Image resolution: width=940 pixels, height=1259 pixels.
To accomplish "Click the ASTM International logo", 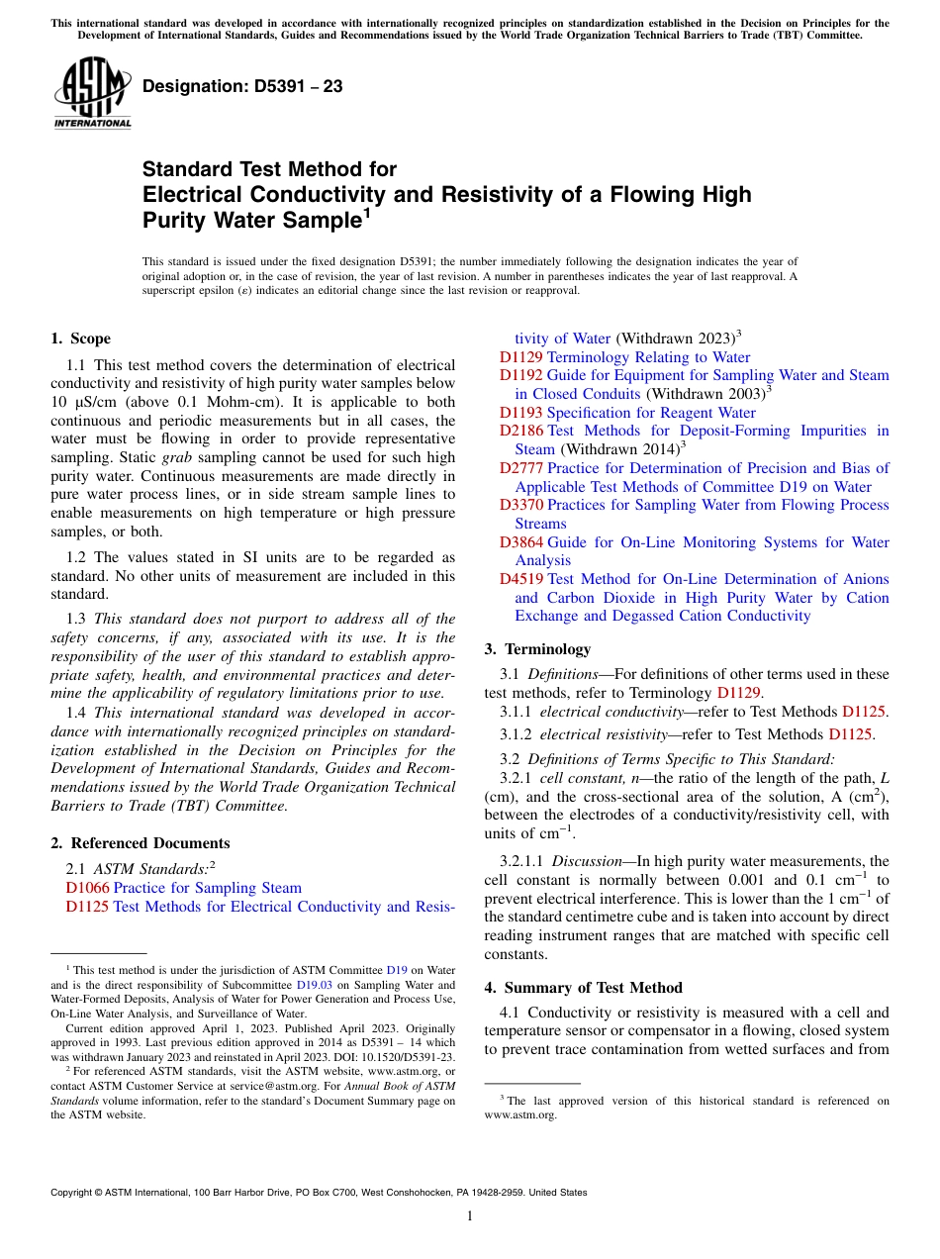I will pyautogui.click(x=91, y=92).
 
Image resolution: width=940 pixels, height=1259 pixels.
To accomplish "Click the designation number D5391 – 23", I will pyautogui.click(x=242, y=87).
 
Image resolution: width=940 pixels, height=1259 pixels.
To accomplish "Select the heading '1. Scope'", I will pyautogui.click(x=80, y=339).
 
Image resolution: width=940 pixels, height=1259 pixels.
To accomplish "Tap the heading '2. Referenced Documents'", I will pyautogui.click(x=140, y=843).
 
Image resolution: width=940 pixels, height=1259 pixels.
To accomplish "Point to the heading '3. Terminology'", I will pyautogui.click(x=537, y=649).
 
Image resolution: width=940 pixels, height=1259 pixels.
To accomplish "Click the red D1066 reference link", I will pyautogui.click(x=87, y=888).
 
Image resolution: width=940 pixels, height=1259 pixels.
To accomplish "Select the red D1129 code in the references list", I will pyautogui.click(x=520, y=357).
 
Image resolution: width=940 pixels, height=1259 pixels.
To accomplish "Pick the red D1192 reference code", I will pyautogui.click(x=520, y=375).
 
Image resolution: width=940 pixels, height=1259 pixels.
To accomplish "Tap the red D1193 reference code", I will pyautogui.click(x=520, y=413).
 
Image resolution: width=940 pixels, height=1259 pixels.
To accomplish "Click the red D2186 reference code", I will pyautogui.click(x=520, y=431).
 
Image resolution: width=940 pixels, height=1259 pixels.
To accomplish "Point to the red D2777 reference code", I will pyautogui.click(x=520, y=468).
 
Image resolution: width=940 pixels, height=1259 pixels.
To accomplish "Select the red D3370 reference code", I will pyautogui.click(x=520, y=505).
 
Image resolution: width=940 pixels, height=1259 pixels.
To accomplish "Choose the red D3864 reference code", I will pyautogui.click(x=520, y=542).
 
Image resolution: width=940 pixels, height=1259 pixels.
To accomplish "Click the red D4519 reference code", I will pyautogui.click(x=520, y=579).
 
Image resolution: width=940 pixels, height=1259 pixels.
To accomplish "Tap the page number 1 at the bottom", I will pyautogui.click(x=470, y=1215).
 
